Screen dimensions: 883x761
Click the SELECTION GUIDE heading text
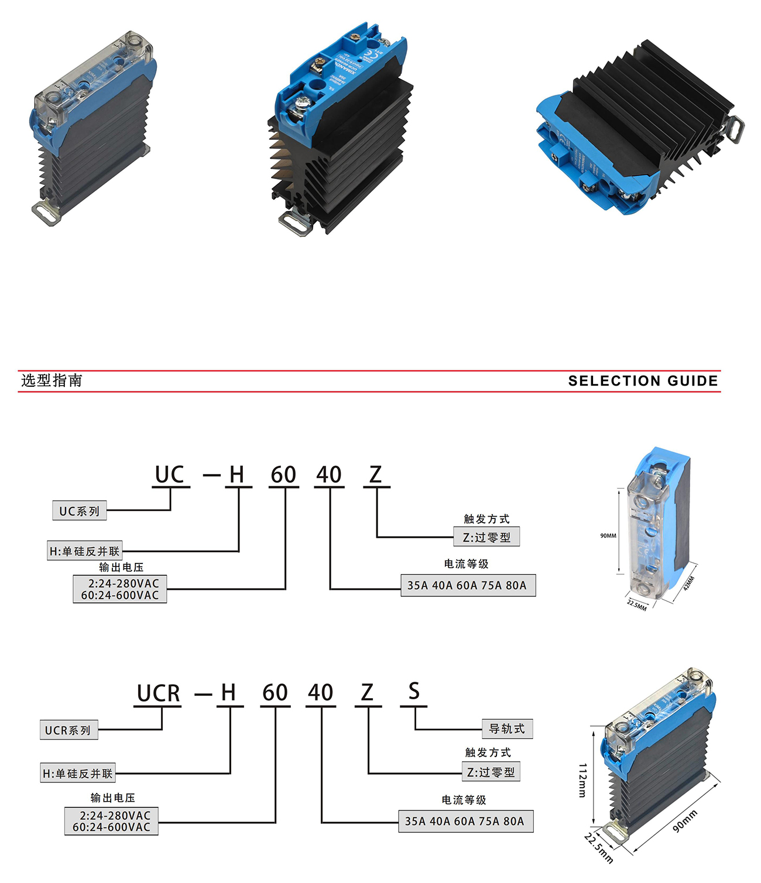coord(643,381)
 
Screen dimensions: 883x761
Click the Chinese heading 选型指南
coord(52,380)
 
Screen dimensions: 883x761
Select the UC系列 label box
coord(80,511)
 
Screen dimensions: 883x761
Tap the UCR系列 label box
coord(68,730)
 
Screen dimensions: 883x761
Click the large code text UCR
coord(158,693)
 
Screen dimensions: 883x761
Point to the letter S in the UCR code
coord(414,692)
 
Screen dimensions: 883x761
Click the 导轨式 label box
coord(507,729)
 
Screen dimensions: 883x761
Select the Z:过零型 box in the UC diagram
coord(486,537)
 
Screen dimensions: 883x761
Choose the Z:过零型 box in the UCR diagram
coord(491,772)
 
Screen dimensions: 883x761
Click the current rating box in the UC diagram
coord(467,585)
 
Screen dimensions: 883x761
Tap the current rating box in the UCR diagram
coord(465,821)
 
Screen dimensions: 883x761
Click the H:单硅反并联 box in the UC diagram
coord(85,551)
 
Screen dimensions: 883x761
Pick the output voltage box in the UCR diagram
coord(111,821)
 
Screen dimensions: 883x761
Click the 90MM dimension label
coord(608,535)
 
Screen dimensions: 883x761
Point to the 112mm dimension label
coord(582,779)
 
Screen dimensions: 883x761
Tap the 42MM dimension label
coord(689,583)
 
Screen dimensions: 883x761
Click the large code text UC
coord(170,475)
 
